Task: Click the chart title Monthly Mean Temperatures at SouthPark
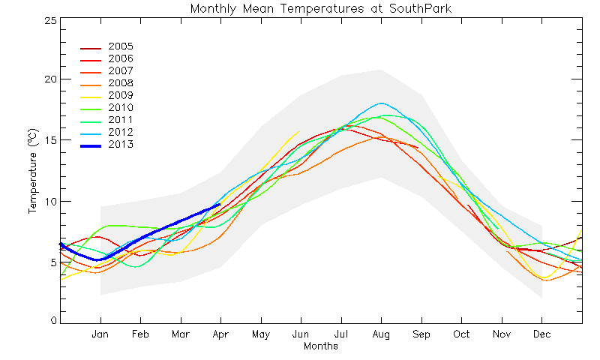pyautogui.click(x=321, y=8)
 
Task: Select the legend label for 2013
pyautogui.click(x=121, y=144)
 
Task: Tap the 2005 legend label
pyautogui.click(x=121, y=46)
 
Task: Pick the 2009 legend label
pyautogui.click(x=121, y=95)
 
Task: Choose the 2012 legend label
pyautogui.click(x=121, y=132)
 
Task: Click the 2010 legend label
pyautogui.click(x=121, y=107)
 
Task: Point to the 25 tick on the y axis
pyautogui.click(x=50, y=20)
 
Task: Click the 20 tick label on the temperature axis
pyautogui.click(x=50, y=79)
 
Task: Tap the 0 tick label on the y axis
pyautogui.click(x=53, y=320)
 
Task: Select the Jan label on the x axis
pyautogui.click(x=100, y=334)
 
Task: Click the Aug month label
pyautogui.click(x=381, y=334)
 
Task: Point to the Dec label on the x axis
pyautogui.click(x=541, y=334)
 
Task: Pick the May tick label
pyautogui.click(x=261, y=334)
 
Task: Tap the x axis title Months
pyautogui.click(x=321, y=346)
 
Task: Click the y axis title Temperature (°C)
pyautogui.click(x=33, y=171)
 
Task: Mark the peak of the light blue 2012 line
pyautogui.click(x=381, y=103)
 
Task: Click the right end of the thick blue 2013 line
pyautogui.click(x=220, y=204)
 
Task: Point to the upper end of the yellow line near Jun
pyautogui.click(x=298, y=131)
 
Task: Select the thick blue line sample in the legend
pyautogui.click(x=91, y=146)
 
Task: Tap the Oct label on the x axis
pyautogui.click(x=461, y=334)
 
